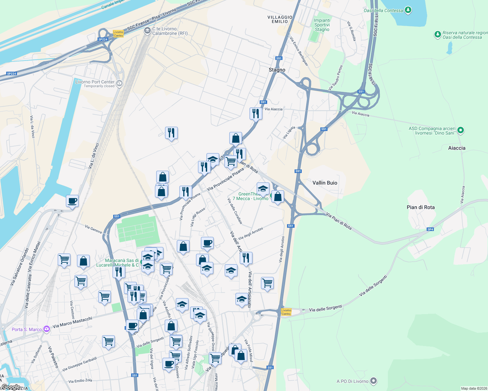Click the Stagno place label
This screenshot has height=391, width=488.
click(277, 70)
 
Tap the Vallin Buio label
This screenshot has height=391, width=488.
click(325, 183)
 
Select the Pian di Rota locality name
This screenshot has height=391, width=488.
click(420, 207)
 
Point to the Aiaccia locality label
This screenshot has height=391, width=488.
click(457, 148)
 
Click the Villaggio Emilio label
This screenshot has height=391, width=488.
click(280, 19)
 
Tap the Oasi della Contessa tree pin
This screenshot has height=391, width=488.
click(408, 10)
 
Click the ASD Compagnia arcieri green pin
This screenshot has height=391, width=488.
click(460, 130)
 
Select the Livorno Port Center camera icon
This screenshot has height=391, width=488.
click(119, 83)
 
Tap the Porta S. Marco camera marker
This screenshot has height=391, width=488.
click(47, 329)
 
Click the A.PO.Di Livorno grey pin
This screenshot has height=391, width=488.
click(374, 381)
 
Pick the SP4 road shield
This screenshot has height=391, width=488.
click(430, 229)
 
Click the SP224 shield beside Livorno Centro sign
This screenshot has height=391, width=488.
click(103, 39)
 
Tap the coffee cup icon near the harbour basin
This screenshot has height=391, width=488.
click(72, 201)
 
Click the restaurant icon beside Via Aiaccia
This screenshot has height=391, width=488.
click(256, 113)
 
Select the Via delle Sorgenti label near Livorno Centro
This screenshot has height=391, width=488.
click(325, 308)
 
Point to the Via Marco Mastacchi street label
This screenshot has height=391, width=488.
click(72, 322)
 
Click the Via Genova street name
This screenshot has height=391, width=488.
click(93, 229)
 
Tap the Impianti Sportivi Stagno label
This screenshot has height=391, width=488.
click(322, 25)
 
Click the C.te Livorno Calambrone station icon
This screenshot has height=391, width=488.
click(147, 31)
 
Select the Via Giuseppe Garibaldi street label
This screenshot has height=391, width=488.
click(79, 364)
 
